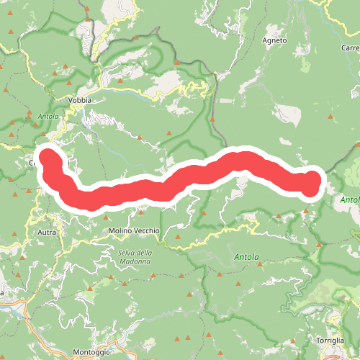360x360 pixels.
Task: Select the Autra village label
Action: coord(45,233)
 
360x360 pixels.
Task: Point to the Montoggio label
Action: coord(91,351)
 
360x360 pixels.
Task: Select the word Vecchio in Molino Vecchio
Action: coord(148,230)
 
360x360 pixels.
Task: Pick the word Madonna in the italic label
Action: coord(135,261)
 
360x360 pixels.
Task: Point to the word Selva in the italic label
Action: coord(127,252)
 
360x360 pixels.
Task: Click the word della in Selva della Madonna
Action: coord(145,252)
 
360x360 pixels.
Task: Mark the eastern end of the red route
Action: coord(311,184)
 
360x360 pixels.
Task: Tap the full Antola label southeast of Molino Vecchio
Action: coord(246,256)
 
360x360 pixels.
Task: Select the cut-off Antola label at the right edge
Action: coord(350,199)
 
